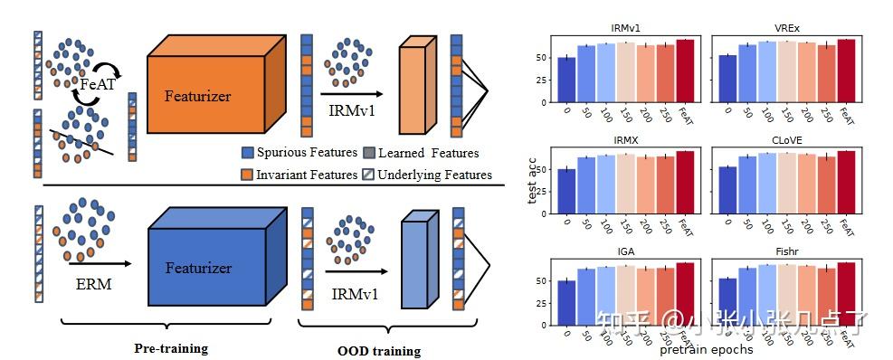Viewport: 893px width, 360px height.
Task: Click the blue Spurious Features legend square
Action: pyautogui.click(x=248, y=153)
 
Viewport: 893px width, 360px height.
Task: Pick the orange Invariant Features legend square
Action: pyautogui.click(x=248, y=175)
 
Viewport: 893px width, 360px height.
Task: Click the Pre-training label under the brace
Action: pyautogui.click(x=171, y=348)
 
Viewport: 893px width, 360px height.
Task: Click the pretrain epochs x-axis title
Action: pyautogui.click(x=706, y=349)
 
